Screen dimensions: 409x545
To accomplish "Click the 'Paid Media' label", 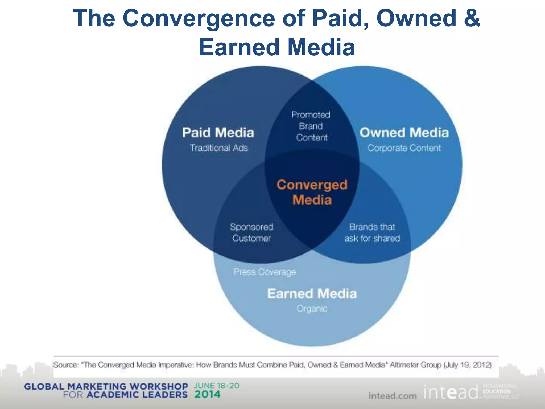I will (x=218, y=133).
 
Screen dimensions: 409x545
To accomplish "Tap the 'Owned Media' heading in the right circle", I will (x=404, y=133).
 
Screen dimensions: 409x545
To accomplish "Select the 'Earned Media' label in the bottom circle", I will (x=312, y=294).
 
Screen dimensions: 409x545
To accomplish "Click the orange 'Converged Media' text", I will (x=312, y=192).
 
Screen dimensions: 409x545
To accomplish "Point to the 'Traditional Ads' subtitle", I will (x=219, y=148).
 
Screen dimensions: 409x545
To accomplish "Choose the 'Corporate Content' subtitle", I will (x=404, y=148).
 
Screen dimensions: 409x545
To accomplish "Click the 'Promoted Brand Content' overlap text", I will (x=311, y=126).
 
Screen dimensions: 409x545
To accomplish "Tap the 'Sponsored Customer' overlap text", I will (x=251, y=232).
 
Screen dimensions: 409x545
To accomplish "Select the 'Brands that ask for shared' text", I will (x=372, y=232).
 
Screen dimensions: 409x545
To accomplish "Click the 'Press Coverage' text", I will (x=265, y=272).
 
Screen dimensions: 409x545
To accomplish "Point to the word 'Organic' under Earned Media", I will (x=312, y=309).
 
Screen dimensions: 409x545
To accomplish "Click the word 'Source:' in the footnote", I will (x=66, y=365).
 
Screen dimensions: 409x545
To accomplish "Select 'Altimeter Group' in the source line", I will (x=415, y=365).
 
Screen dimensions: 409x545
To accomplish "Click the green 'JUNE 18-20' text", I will (x=216, y=386).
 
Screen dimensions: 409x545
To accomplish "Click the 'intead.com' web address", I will (x=393, y=396).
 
